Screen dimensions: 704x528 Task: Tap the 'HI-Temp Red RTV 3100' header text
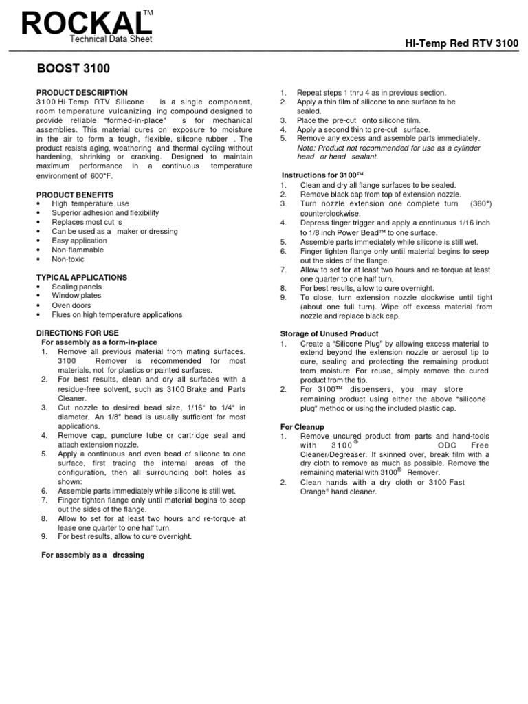(x=461, y=44)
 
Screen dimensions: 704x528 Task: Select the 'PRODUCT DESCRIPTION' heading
(x=82, y=92)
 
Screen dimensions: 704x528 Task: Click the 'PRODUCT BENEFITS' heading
(x=75, y=195)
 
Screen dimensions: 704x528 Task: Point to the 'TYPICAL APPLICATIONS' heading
(x=81, y=277)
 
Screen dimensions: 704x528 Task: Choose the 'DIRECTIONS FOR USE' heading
(x=77, y=333)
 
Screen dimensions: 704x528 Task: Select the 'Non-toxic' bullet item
(x=68, y=259)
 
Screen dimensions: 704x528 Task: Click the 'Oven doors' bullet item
(x=71, y=305)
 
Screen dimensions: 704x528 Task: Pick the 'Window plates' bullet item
(x=76, y=296)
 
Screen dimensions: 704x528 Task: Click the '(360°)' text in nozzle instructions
(x=481, y=204)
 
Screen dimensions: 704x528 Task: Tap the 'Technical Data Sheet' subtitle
(x=111, y=39)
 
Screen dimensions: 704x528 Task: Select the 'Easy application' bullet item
(x=80, y=241)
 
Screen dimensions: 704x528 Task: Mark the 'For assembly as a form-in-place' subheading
(x=100, y=342)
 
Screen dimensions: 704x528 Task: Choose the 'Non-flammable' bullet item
(x=78, y=250)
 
